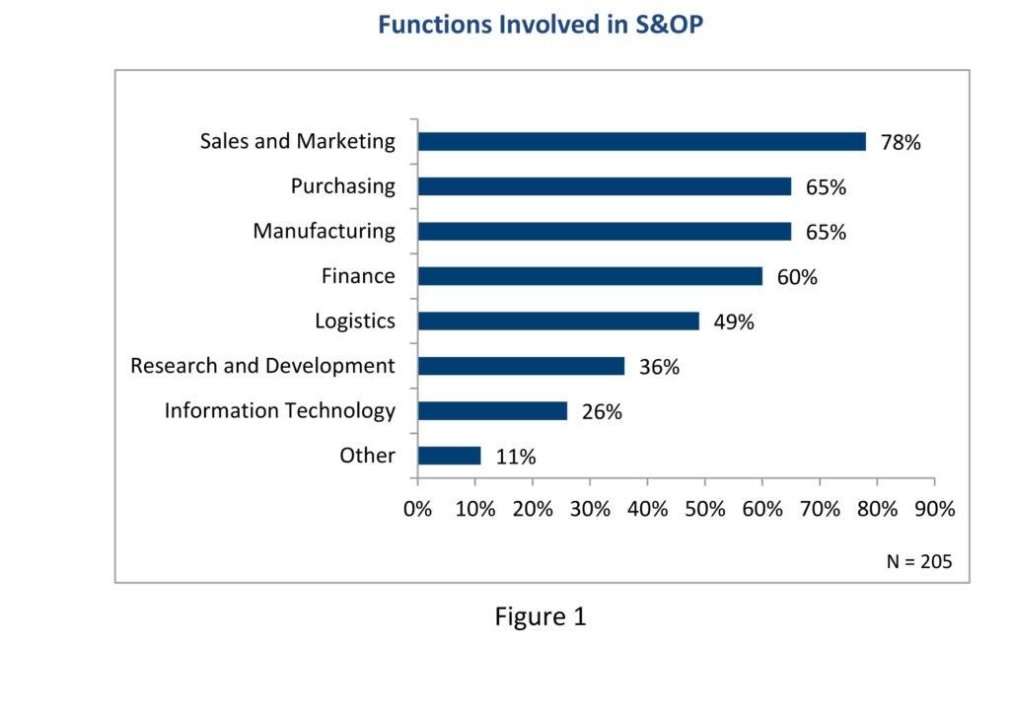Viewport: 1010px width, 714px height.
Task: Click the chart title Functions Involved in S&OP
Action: tap(541, 25)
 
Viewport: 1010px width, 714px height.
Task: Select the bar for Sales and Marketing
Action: tap(642, 142)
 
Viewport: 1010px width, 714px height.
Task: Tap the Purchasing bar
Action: tap(605, 186)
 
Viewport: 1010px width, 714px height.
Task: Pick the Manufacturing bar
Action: tap(605, 231)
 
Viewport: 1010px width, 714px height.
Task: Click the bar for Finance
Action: tap(591, 276)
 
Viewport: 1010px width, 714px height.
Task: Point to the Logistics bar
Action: tap(559, 321)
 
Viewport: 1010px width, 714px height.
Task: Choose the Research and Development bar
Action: tap(522, 366)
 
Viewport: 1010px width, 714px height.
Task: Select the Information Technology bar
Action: tap(493, 411)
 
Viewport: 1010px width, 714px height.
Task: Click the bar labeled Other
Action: tap(450, 456)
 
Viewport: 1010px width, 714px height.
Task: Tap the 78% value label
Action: tap(901, 142)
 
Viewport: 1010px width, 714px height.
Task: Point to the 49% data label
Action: tap(734, 321)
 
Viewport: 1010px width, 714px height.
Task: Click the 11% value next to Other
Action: tap(515, 457)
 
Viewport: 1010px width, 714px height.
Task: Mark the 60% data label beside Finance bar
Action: tap(797, 277)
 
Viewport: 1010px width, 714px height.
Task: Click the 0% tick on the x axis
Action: tap(417, 509)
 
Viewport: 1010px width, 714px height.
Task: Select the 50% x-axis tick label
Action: tap(704, 509)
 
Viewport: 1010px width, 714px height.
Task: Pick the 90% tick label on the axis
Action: tap(935, 509)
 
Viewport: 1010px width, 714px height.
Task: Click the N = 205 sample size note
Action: tap(919, 561)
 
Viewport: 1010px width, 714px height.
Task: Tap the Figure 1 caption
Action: tap(541, 616)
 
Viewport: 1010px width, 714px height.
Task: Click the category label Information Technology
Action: tap(279, 411)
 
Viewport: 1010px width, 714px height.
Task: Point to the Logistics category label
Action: tap(355, 321)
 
